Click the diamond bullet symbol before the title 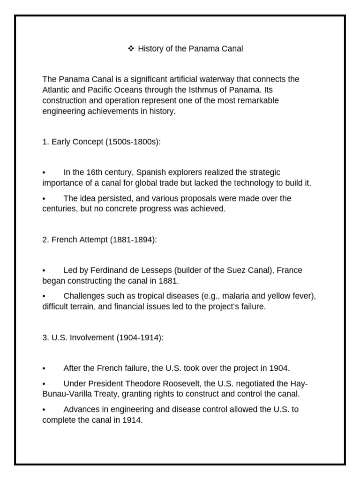131,48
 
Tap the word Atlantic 55,89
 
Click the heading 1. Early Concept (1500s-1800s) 101,142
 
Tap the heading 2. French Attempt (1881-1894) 100,240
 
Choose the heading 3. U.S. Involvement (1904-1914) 103,337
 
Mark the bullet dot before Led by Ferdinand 44,271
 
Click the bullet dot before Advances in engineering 44,410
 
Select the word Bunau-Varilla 70,394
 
